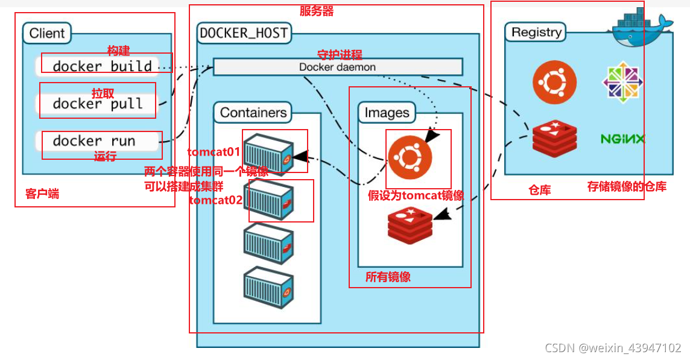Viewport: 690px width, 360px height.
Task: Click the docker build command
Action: pos(102,66)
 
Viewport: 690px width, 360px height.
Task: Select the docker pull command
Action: pos(98,104)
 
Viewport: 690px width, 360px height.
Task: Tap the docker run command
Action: pos(93,141)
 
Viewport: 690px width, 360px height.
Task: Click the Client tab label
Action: pos(46,33)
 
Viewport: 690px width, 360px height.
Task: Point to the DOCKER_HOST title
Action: pos(244,33)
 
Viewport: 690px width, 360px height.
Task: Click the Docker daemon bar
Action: pos(338,67)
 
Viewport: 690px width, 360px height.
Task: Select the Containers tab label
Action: pos(253,113)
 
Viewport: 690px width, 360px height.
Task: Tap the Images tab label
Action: pos(387,113)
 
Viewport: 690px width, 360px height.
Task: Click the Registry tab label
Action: pos(536,32)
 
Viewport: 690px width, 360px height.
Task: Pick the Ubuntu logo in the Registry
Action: pos(554,82)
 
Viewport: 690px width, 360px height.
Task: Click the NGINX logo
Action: pos(622,139)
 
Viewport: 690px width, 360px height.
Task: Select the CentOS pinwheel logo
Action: pos(622,82)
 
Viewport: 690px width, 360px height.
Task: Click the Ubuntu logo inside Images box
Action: pos(410,157)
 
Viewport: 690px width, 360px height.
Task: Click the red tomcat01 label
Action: pos(214,153)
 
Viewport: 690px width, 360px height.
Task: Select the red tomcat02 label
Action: pos(216,200)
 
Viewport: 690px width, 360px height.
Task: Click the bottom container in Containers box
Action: pos(268,288)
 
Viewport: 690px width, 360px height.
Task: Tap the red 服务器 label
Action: pos(317,11)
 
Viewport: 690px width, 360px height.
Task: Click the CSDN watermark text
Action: pos(613,348)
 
